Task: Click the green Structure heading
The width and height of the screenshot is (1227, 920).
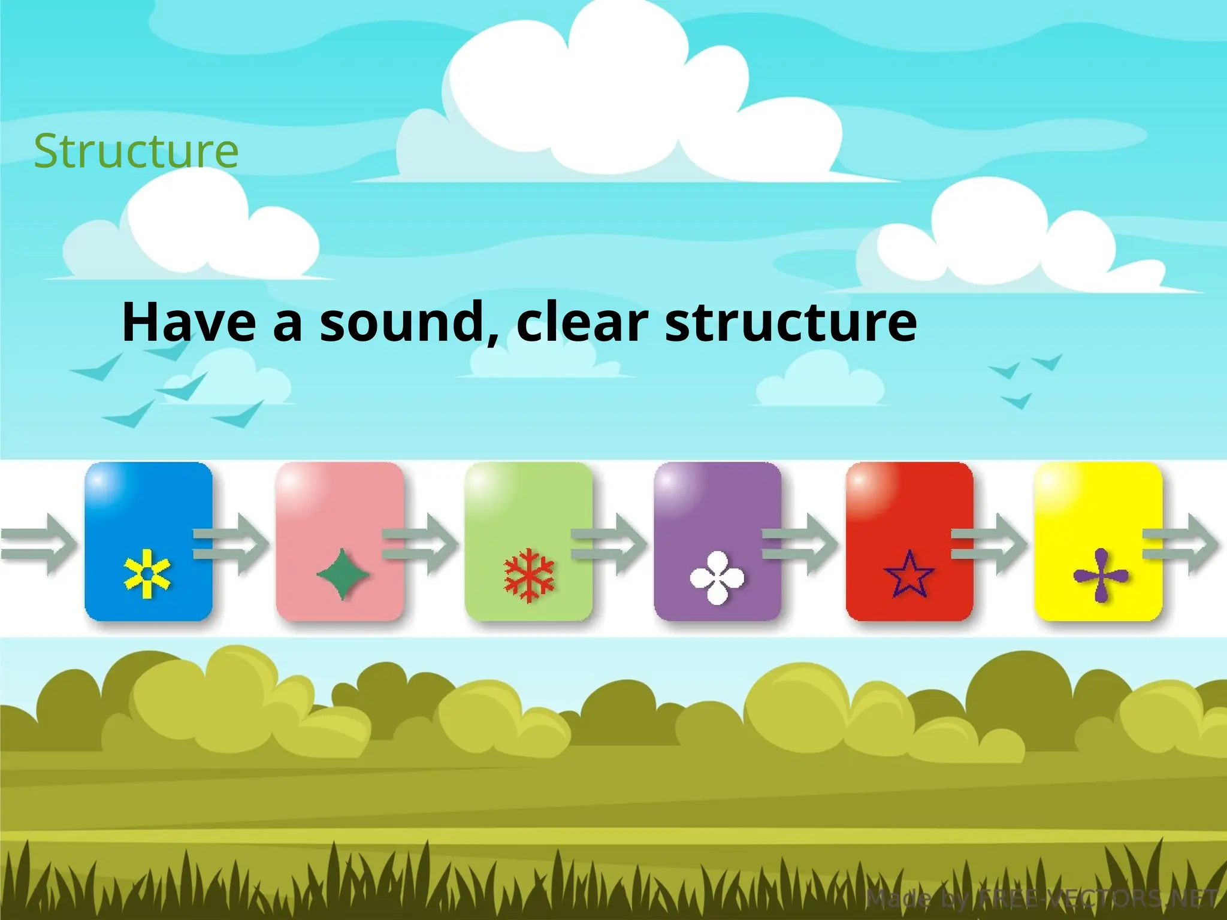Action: pyautogui.click(x=136, y=150)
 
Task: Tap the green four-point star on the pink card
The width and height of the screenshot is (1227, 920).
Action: pyautogui.click(x=342, y=574)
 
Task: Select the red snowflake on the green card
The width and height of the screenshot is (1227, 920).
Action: pyautogui.click(x=529, y=575)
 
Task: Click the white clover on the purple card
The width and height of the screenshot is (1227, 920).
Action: pyautogui.click(x=717, y=577)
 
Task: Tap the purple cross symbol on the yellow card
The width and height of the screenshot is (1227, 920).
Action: pyautogui.click(x=1101, y=576)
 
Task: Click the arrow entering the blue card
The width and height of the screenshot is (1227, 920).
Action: pyautogui.click(x=39, y=544)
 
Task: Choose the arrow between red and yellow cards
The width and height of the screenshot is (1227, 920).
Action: pyautogui.click(x=989, y=544)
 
